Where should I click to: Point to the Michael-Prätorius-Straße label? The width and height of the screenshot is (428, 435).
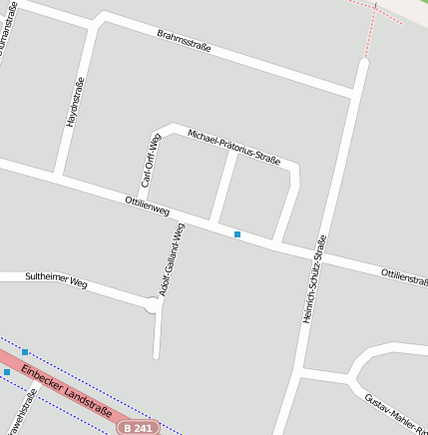point(232,146)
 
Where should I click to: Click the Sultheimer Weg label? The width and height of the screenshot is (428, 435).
point(56,282)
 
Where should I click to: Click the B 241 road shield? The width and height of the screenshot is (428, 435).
point(137,427)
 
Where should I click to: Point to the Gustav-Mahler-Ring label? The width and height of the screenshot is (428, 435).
point(395,411)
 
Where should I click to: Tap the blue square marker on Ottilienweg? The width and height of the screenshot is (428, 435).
point(237,234)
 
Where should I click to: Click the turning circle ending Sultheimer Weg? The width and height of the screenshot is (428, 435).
point(154,305)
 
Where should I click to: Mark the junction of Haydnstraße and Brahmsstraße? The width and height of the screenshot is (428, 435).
point(97,23)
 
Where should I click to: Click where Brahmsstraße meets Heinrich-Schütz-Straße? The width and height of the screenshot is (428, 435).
point(356,94)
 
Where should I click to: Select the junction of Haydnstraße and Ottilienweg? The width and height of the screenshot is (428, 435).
point(59,176)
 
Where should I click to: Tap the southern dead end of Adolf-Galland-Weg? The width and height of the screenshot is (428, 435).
point(156,354)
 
